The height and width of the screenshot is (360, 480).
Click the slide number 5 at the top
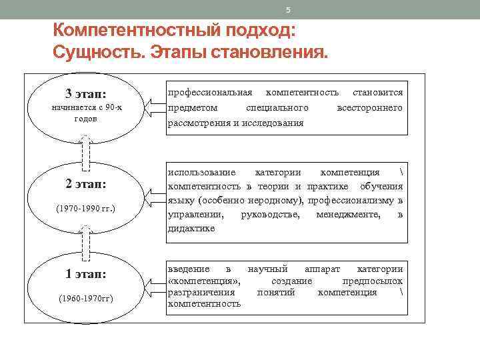pyautogui.click(x=288, y=10)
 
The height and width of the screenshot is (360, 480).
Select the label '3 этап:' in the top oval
pyautogui.click(x=85, y=93)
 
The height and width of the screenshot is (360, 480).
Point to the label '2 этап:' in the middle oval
pyautogui.click(x=85, y=184)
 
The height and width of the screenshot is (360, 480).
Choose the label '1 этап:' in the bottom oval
pyautogui.click(x=85, y=273)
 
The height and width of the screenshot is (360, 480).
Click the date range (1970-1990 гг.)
pyautogui.click(x=85, y=209)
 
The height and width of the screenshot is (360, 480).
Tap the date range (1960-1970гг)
pyautogui.click(x=85, y=298)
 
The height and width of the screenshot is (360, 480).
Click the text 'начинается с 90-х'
pyautogui.click(x=85, y=107)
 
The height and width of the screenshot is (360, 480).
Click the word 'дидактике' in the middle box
pyautogui.click(x=191, y=228)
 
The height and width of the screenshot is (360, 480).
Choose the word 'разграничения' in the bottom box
pyautogui.click(x=201, y=292)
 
